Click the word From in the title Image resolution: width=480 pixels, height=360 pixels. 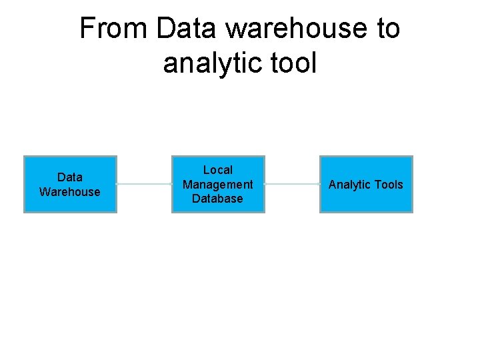tap(114, 29)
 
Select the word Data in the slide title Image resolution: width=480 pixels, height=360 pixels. tap(187, 29)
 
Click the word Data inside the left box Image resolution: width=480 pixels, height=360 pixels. tap(70, 177)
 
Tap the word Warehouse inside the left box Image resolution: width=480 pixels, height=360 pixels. tap(70, 192)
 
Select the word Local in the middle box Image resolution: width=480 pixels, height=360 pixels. tap(218, 170)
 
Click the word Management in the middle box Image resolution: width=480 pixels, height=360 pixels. tap(218, 185)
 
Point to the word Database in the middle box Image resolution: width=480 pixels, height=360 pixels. tap(218, 199)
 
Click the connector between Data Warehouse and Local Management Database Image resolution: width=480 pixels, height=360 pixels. tap(144, 184)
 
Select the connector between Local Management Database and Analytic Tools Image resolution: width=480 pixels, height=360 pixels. tap(292, 184)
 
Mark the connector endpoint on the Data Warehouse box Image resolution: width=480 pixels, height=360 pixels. tap(117, 184)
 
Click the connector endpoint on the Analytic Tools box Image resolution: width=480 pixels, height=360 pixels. tap(320, 184)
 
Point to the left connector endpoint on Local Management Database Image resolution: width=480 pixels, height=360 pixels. tap(172, 184)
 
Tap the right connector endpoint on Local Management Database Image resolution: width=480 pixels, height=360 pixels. tap(265, 184)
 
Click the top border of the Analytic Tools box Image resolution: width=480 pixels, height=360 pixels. tap(366, 157)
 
